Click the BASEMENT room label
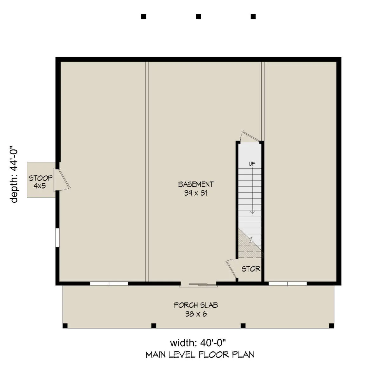196,184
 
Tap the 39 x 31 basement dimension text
196,193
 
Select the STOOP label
41,178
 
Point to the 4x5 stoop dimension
40,186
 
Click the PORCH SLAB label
196,305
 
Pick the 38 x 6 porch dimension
196,314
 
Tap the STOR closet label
251,269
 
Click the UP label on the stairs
252,164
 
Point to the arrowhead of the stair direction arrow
252,212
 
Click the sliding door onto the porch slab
198,284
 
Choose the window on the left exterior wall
57,238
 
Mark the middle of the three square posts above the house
198,16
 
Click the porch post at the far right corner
332,326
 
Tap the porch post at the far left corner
65,326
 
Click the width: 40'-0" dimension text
198,343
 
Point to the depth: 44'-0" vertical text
14,174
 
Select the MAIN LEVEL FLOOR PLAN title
200,355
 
